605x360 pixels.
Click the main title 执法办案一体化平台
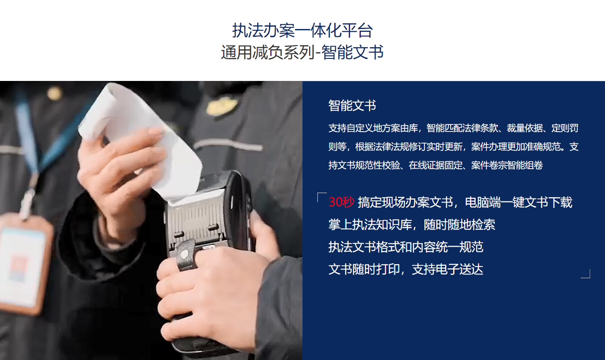pyautogui.click(x=302, y=30)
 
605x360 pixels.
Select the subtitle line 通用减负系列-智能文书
pyautogui.click(x=302, y=52)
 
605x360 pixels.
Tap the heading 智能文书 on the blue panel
pyautogui.click(x=352, y=105)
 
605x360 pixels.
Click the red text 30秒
pyautogui.click(x=341, y=202)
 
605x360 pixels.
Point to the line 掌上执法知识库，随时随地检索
pyautogui.click(x=412, y=225)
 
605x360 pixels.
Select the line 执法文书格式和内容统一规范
pyautogui.click(x=406, y=247)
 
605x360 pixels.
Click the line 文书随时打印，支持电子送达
pyautogui.click(x=406, y=269)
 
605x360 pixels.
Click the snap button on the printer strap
pyautogui.click(x=184, y=254)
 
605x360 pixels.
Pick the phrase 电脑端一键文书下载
pyautogui.click(x=519, y=202)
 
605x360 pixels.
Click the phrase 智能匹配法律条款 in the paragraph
pyautogui.click(x=462, y=128)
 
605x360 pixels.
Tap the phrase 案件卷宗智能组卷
pyautogui.click(x=507, y=165)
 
